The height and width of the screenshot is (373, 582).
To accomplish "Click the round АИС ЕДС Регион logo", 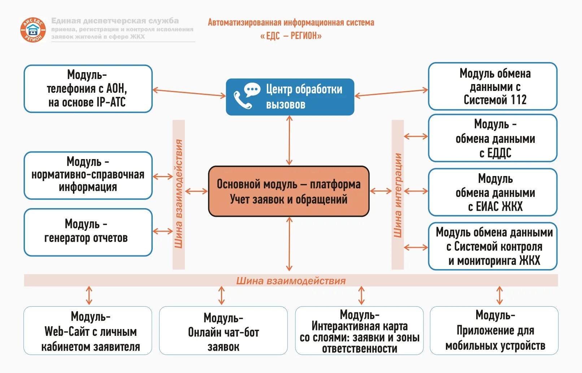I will coord(33,30).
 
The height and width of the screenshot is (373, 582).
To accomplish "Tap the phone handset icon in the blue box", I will coord(243,100).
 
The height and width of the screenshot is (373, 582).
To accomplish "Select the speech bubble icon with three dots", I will coord(252,89).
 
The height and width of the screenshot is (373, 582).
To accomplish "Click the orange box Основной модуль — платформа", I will coord(289,191).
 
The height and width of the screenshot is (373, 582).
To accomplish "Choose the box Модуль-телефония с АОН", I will coord(88,89).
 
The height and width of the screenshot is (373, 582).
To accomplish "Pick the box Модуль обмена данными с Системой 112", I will coord(492,87).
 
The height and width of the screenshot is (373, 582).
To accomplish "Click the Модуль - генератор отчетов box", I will coord(88,232).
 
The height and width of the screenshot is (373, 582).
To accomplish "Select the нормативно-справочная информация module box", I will coord(88,175).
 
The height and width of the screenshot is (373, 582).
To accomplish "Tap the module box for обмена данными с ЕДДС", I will coord(492,138).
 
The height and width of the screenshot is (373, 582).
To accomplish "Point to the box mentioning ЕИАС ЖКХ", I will coord(492,192).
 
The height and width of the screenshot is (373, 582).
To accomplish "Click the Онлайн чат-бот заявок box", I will coord(223,331).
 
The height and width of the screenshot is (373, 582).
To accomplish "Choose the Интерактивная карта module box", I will coord(359,331).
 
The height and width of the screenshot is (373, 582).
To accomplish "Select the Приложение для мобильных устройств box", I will coord(494,331).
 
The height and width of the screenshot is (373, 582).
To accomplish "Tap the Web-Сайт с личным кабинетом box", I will coord(88,331).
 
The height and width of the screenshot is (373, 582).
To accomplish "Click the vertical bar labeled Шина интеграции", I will coord(398,195).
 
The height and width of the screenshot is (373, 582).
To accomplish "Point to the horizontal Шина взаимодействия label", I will coord(291,281).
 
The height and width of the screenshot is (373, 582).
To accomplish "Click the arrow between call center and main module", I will coord(289,141).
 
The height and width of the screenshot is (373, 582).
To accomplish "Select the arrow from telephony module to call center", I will coord(189,93).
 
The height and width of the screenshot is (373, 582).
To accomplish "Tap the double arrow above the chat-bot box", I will coord(222,295).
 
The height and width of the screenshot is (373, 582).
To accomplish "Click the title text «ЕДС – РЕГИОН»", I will coord(291,36).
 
